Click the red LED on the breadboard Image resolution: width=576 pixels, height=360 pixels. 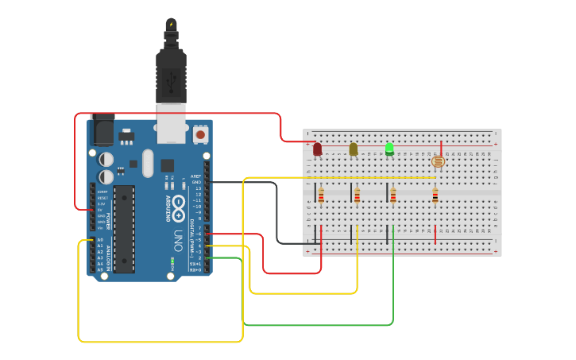tap(318, 149)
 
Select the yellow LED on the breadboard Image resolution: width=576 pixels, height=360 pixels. tap(354, 149)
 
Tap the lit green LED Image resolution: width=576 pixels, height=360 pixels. tap(389, 148)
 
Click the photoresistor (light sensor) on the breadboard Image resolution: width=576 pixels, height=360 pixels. tap(437, 161)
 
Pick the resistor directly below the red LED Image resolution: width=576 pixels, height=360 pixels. tap(321, 195)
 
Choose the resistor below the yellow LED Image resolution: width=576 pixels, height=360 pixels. tap(358, 195)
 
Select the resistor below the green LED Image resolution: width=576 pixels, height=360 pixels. tap(393, 195)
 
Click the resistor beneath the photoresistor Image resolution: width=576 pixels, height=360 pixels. tap(435, 195)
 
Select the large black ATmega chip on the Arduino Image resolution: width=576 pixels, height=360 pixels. tap(124, 229)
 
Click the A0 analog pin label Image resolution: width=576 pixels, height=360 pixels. tap(100, 239)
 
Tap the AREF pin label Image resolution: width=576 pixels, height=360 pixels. tap(195, 176)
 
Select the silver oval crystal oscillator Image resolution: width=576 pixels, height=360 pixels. tap(147, 163)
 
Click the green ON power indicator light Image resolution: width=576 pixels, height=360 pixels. tap(172, 261)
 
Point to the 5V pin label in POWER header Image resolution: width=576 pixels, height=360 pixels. tap(101, 209)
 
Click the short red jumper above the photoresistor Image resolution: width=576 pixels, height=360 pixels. tap(442, 147)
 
